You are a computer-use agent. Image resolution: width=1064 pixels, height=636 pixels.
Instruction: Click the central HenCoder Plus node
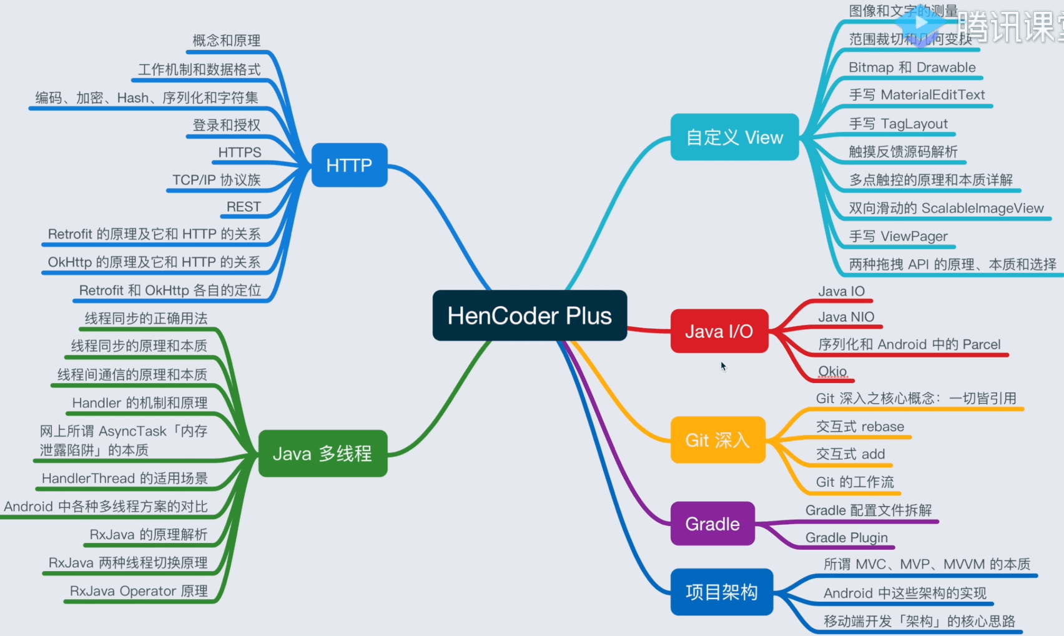point(530,316)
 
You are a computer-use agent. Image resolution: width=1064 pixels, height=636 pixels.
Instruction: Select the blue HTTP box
point(349,165)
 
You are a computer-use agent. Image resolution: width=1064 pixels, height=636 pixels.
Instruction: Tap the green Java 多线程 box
point(322,453)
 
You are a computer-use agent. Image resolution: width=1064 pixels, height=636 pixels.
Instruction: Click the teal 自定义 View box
point(734,137)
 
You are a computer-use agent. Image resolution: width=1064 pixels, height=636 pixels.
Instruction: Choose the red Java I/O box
point(719,331)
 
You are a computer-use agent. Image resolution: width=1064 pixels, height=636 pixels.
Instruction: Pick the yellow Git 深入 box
point(717,440)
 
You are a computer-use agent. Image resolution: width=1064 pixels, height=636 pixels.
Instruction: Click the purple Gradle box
point(712,524)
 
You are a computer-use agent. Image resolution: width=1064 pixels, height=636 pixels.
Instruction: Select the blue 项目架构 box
point(721,592)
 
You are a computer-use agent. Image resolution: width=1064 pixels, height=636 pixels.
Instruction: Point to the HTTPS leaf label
point(240,152)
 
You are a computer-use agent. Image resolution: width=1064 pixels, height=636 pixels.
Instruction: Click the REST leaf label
point(244,207)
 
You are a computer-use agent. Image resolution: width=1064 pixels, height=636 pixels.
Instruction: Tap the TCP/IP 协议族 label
point(216,180)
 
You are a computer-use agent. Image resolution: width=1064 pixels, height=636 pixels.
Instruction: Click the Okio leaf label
point(832,371)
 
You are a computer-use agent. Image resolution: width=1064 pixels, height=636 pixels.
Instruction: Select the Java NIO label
point(846,317)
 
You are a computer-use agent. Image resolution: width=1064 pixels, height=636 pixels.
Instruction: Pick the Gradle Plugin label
point(846,537)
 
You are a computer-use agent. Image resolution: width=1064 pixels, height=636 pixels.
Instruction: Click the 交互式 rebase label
point(860,427)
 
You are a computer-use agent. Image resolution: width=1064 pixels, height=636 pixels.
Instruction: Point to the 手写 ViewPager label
point(898,236)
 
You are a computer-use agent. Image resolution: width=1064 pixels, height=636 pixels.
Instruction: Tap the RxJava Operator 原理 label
point(139,591)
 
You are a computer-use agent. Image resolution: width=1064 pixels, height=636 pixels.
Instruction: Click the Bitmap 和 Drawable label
point(912,67)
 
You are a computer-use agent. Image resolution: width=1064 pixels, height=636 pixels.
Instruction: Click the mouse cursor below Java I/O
point(723,366)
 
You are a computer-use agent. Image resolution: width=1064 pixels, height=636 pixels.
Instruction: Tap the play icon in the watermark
point(920,23)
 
